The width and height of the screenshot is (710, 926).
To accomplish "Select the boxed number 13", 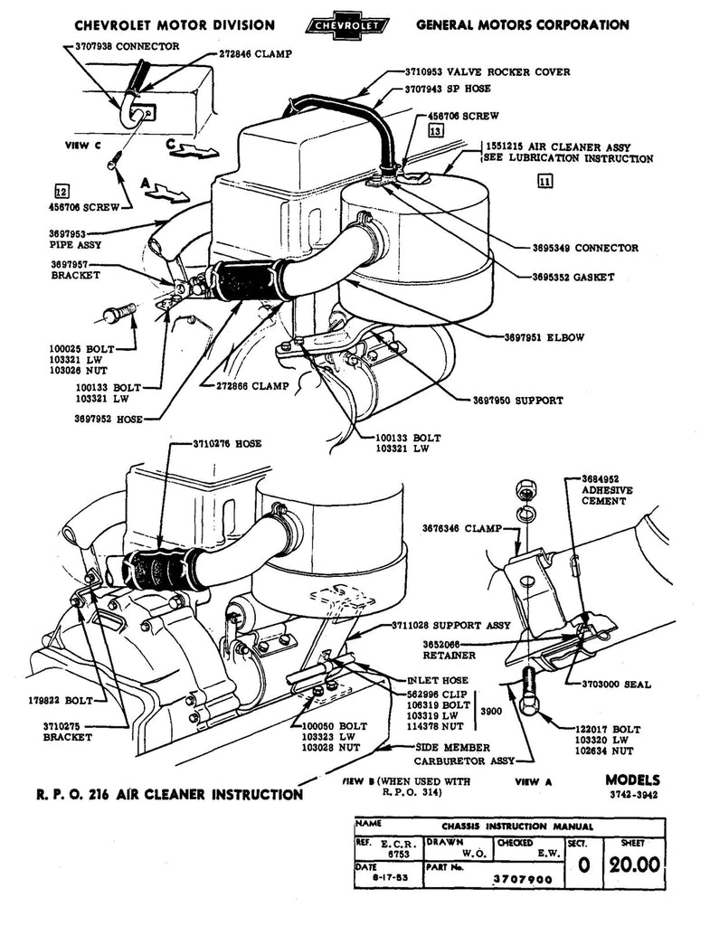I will [436, 131].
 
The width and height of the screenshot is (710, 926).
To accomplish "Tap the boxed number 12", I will [62, 191].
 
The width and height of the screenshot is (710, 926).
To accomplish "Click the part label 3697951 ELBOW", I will [544, 337].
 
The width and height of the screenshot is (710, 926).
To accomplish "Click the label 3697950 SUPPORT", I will [517, 400].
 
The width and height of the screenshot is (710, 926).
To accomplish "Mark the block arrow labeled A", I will [165, 190].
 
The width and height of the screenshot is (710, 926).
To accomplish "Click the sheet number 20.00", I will [633, 864].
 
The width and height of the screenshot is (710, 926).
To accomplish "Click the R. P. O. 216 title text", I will [170, 795].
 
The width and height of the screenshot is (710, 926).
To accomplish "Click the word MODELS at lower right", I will [633, 780].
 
